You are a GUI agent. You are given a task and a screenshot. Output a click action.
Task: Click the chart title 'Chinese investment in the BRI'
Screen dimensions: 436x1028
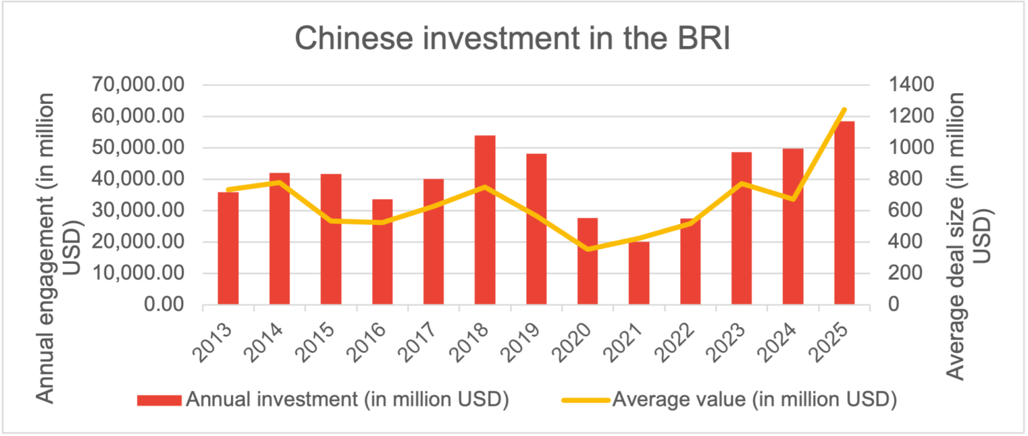512,39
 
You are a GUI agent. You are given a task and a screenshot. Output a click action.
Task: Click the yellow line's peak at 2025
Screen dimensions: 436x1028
844,109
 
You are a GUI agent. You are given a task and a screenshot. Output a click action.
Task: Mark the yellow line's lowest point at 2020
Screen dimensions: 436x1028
588,249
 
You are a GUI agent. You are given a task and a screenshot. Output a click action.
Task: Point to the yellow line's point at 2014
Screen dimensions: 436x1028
279,182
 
